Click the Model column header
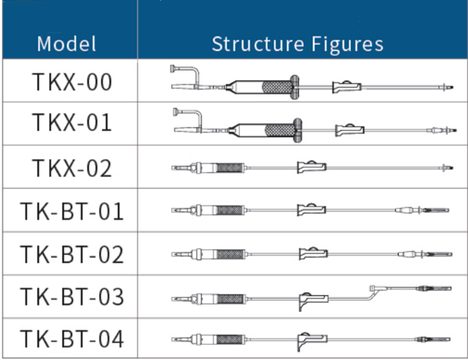[x=66, y=43]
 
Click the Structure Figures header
[x=297, y=43]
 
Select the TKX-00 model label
[x=72, y=82]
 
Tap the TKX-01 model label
[x=72, y=122]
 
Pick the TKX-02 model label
[x=72, y=168]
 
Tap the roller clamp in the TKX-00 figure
[x=346, y=87]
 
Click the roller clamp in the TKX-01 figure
[x=349, y=130]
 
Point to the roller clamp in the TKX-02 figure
[x=311, y=168]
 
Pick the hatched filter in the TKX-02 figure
[x=230, y=168]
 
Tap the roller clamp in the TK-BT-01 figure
[x=311, y=210]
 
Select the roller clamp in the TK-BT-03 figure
[x=311, y=298]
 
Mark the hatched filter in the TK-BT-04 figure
[x=230, y=338]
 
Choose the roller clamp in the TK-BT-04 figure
[x=311, y=338]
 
